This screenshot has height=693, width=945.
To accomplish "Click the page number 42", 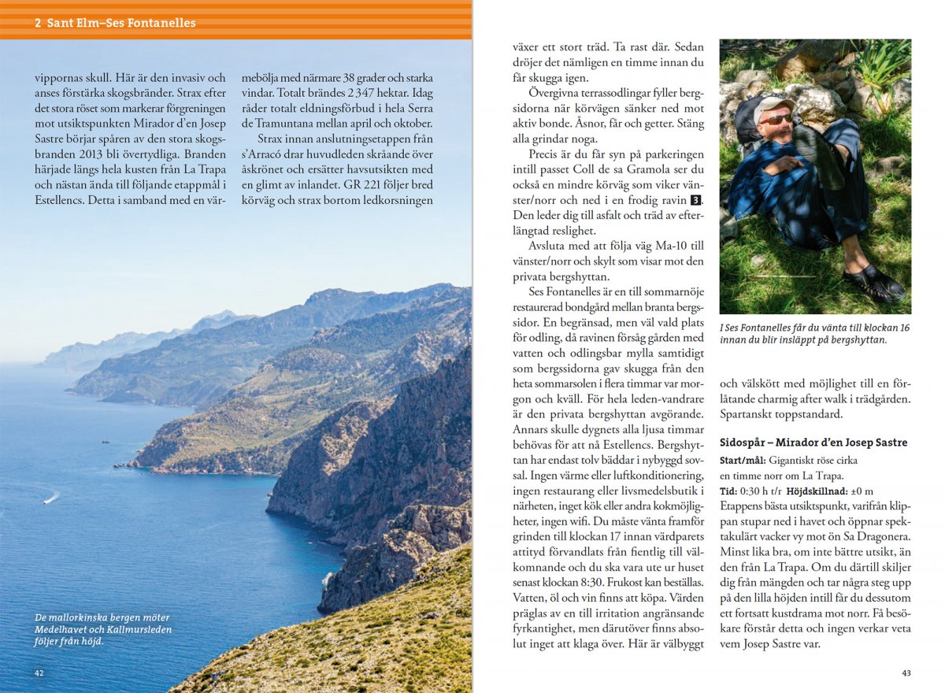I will point(39,673).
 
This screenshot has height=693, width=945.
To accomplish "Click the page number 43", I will point(906,673).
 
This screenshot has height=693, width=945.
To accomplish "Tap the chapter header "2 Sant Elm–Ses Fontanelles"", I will point(115,23).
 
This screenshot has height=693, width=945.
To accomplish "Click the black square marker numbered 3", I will point(696,200).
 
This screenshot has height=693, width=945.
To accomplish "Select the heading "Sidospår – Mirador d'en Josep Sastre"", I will point(813,443).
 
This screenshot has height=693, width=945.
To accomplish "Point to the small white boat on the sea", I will point(51,498).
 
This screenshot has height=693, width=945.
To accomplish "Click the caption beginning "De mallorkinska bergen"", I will point(102,628).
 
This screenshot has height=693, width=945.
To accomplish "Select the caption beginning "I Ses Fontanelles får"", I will point(814,333).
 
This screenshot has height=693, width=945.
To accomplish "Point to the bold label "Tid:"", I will point(728,491).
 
